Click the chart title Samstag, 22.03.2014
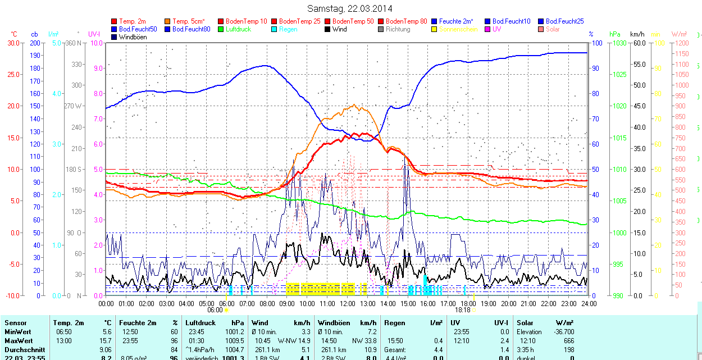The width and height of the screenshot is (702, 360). (350, 8)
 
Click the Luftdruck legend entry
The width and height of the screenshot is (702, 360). (238, 29)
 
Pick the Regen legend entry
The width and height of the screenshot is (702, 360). (288, 29)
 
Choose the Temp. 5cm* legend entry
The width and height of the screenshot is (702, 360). (188, 21)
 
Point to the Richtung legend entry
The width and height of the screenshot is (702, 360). (398, 29)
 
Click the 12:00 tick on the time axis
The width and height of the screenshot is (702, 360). (347, 303)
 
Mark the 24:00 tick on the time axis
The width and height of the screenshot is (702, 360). (588, 303)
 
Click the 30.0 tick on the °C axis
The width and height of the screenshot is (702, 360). (13, 43)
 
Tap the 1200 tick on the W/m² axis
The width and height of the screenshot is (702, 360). (681, 43)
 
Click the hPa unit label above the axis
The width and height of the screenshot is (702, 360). (614, 34)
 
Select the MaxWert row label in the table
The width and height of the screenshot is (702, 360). (18, 341)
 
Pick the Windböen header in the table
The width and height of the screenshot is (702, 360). (334, 323)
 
